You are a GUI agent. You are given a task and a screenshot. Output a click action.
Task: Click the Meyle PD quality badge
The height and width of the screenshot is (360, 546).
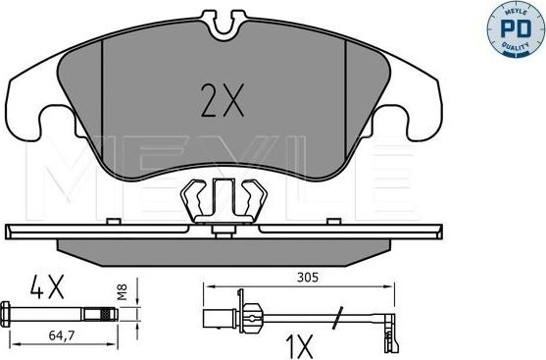(515, 28)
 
